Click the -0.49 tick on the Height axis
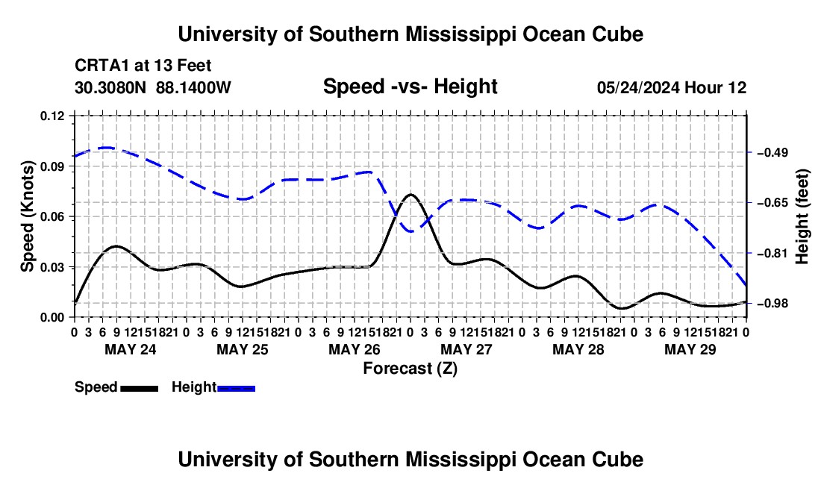772,153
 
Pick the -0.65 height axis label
772,202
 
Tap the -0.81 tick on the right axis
772,253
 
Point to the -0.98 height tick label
772,304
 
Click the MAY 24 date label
131,349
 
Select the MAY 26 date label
355,349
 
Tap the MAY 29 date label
690,349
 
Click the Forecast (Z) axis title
410,369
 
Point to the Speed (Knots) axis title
27,216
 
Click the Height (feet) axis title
802,216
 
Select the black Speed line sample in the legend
140,389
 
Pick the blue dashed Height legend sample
236,389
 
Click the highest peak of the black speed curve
410,195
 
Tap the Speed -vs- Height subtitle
410,87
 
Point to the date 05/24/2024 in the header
638,87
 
